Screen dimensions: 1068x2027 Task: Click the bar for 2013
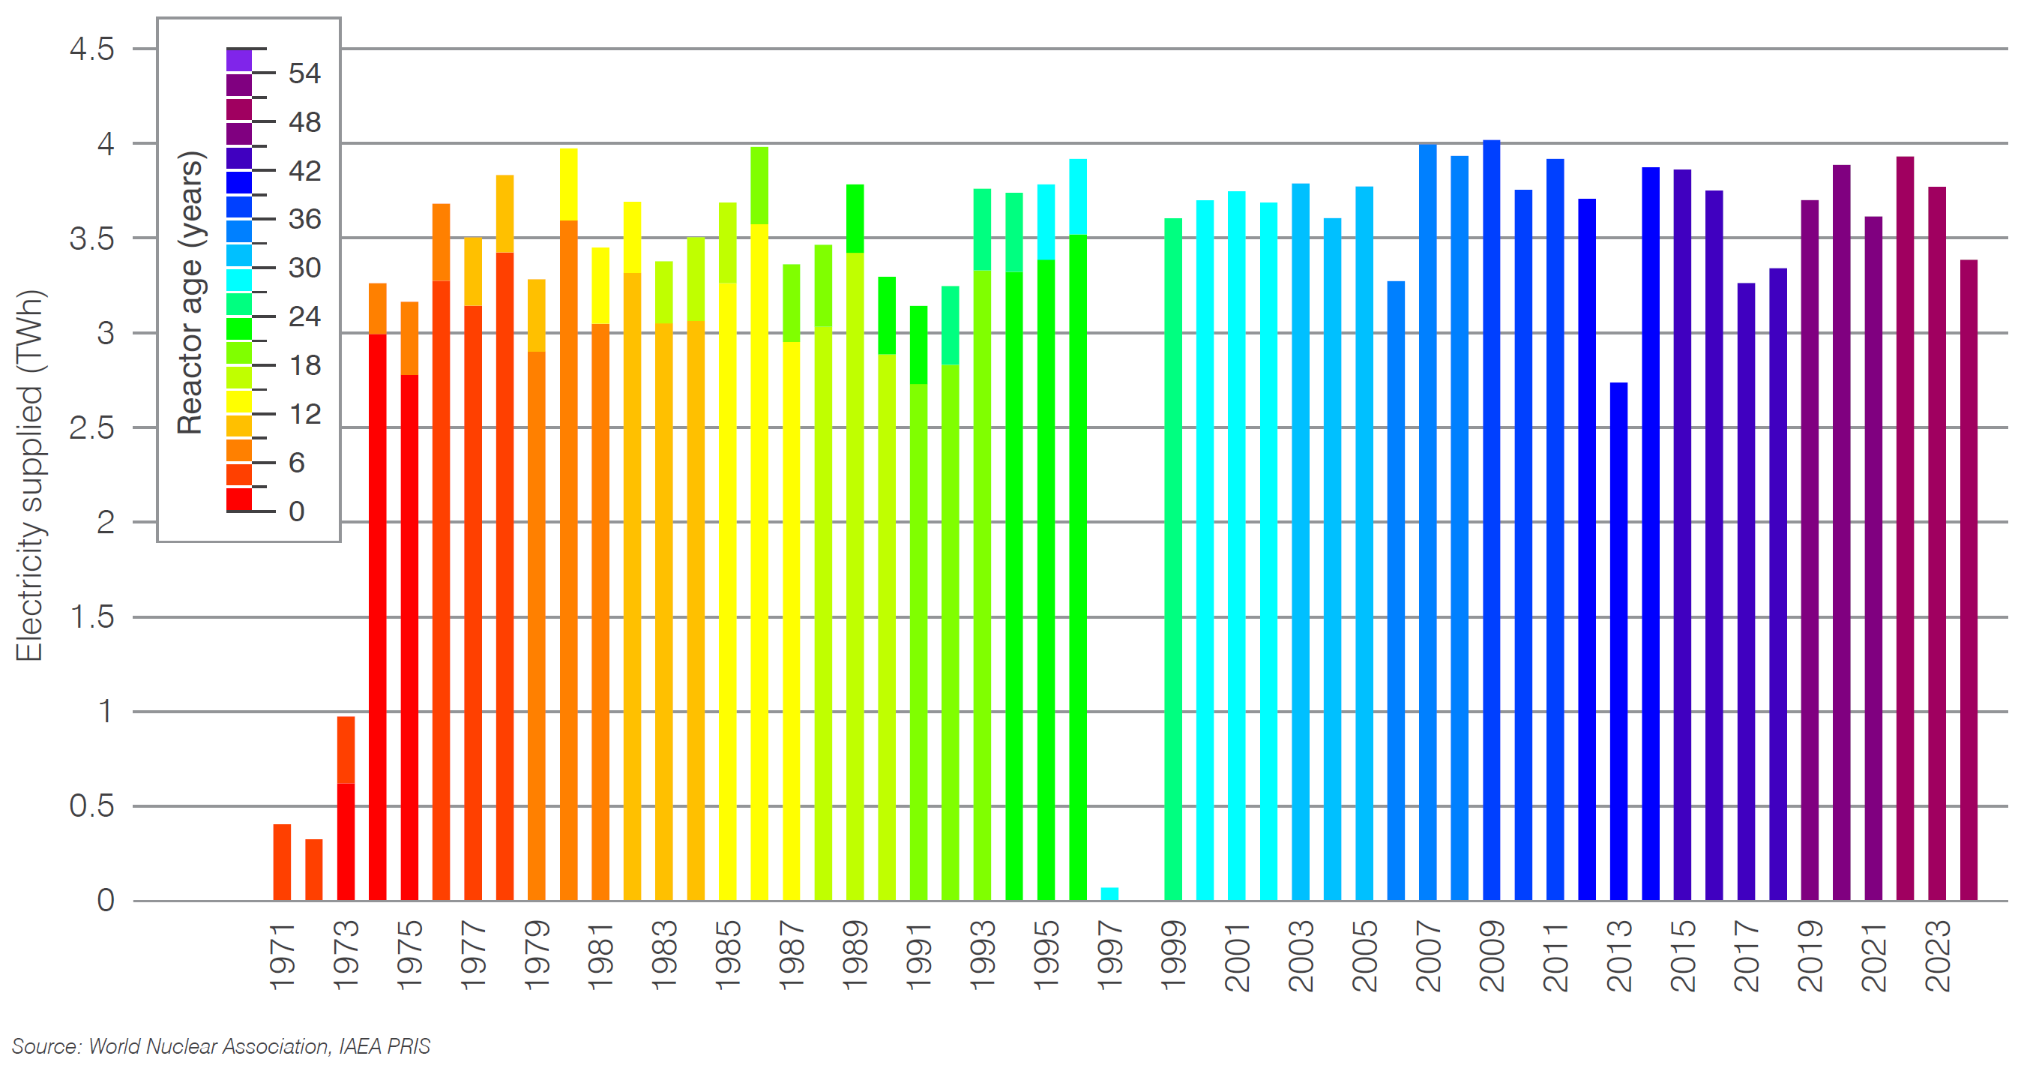pyautogui.click(x=1618, y=641)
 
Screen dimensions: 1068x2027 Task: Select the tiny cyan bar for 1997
pyautogui.click(x=1109, y=893)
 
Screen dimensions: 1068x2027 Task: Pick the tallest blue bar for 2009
pyautogui.click(x=1491, y=520)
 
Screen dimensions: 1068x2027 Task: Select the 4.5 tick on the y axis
pyautogui.click(x=92, y=49)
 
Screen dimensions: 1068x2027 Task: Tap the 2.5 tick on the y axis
pyautogui.click(x=92, y=428)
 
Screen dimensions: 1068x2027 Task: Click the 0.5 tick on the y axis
pyautogui.click(x=92, y=806)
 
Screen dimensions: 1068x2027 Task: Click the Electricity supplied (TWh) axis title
pyautogui.click(x=29, y=475)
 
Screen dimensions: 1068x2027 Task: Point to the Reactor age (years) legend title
pyautogui.click(x=190, y=292)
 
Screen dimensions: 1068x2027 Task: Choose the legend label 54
pyautogui.click(x=304, y=74)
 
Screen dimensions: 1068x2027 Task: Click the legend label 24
pyautogui.click(x=304, y=317)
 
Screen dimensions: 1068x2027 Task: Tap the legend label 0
pyautogui.click(x=297, y=511)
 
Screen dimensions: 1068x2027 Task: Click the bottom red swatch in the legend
pyautogui.click(x=239, y=499)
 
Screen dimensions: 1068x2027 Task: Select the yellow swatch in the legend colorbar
pyautogui.click(x=239, y=402)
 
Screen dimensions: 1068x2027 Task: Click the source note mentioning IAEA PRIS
pyautogui.click(x=220, y=1046)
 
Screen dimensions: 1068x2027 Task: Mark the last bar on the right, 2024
pyautogui.click(x=1968, y=580)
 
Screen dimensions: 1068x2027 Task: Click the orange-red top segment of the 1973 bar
pyautogui.click(x=346, y=749)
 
